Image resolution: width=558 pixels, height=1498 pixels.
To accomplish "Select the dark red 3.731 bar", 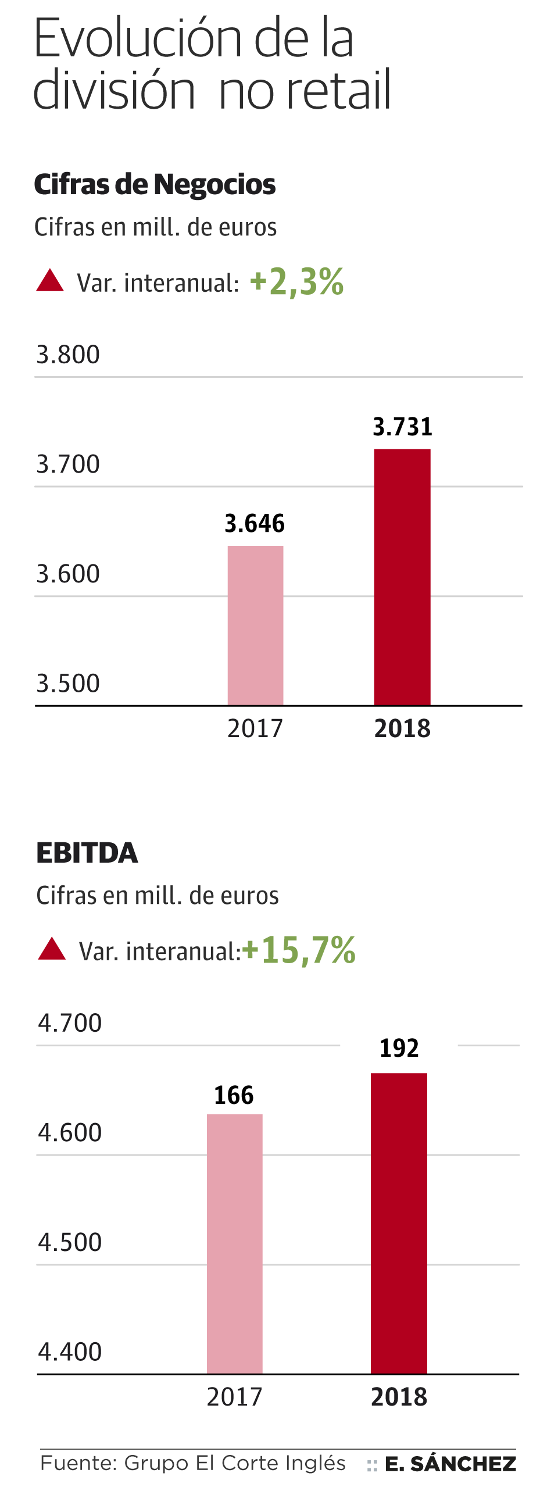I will (402, 577).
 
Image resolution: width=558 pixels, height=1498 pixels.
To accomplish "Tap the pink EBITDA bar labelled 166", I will (235, 1244).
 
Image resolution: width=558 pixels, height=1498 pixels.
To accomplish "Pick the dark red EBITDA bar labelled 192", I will (399, 1224).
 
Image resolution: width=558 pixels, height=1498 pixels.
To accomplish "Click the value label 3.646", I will (255, 523).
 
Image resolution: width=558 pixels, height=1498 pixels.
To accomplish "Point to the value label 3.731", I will (402, 427).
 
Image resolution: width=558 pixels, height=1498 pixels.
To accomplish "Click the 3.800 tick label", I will (68, 355).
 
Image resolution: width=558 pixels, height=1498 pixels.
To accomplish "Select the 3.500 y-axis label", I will (68, 683).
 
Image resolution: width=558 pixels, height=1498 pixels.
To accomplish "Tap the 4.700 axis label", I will (70, 1023).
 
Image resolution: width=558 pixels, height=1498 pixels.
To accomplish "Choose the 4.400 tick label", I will (70, 1352).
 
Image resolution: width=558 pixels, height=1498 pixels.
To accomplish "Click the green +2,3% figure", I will (296, 282).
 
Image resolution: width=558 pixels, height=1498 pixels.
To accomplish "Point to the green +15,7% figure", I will (299, 950).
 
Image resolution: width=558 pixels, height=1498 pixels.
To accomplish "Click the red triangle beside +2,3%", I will (50, 281).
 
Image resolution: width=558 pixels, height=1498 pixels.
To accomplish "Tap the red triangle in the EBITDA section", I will (52, 949).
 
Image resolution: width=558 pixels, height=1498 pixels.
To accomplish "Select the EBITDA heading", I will (87, 853).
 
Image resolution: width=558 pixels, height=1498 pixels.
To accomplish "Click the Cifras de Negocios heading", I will (155, 184).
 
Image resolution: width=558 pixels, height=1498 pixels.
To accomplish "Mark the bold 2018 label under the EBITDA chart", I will (399, 1397).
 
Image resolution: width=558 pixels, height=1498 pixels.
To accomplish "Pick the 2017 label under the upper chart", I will (255, 728).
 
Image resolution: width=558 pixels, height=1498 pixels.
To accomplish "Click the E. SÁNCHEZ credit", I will (450, 1464).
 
